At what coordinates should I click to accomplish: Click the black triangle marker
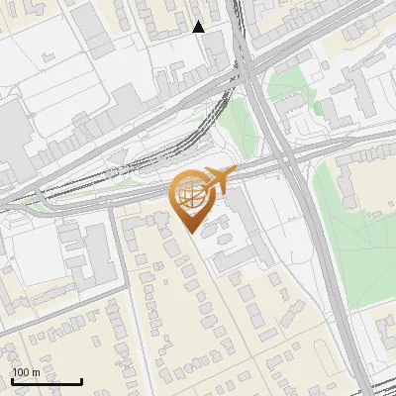(199, 27)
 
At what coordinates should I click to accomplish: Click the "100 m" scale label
(26, 372)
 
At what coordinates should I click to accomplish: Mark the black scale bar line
(47, 381)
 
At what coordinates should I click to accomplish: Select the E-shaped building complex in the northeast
(346, 99)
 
